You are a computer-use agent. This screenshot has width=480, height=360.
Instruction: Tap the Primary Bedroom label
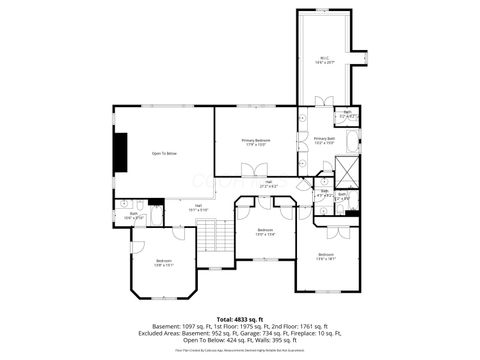tap(255, 142)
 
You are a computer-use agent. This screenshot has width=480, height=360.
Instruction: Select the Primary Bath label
tap(324, 140)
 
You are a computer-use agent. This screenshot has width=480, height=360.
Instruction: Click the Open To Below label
tap(164, 153)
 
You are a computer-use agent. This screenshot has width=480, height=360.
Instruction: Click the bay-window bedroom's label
tap(164, 264)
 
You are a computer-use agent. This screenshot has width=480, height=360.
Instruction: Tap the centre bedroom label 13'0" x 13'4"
tap(265, 232)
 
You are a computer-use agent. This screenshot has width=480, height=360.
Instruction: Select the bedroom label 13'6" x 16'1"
tap(325, 256)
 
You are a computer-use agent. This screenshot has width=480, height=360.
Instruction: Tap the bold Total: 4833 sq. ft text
tap(240, 318)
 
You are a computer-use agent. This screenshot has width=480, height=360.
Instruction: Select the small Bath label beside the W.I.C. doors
tap(346, 115)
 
